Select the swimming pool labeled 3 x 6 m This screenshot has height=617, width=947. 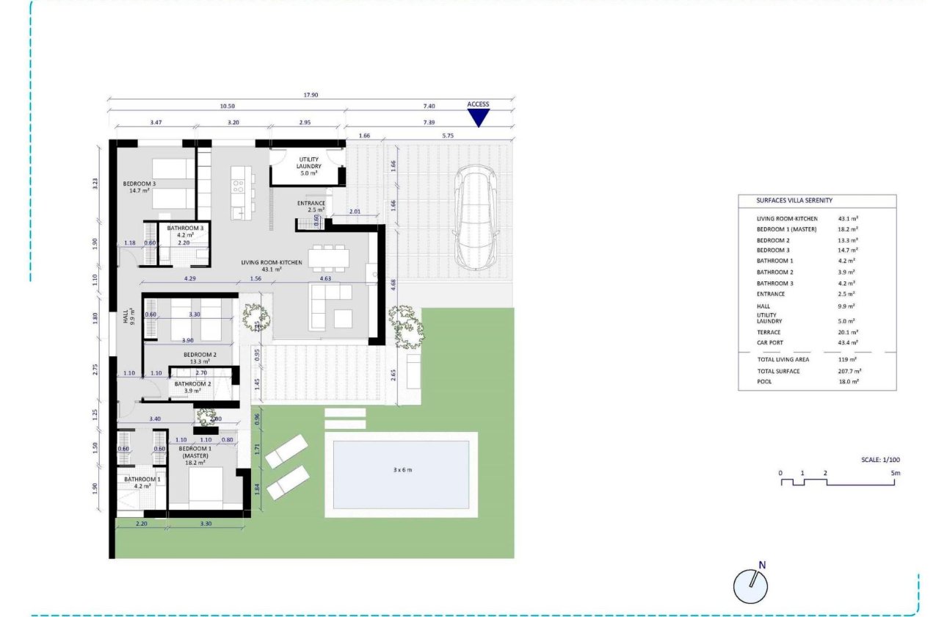(401, 475)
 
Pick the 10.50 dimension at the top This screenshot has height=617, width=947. (226, 106)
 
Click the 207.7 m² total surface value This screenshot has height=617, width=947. (849, 371)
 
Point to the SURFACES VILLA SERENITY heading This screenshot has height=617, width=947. (794, 201)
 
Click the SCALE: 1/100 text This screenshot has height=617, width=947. (880, 460)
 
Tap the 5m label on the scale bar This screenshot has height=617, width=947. (895, 473)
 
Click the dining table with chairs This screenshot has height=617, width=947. (327, 257)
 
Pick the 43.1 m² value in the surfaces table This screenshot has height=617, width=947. (848, 219)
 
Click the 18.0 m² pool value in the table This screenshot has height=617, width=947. (849, 382)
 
